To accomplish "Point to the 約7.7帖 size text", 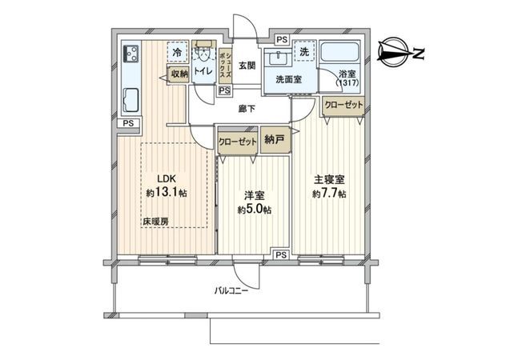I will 330,194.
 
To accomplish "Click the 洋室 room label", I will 255,195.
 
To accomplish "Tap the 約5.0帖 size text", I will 254,210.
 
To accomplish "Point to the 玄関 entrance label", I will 247,66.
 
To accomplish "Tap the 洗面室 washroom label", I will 288,80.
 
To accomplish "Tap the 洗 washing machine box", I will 304,51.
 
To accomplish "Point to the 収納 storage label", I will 179,74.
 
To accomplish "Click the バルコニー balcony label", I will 231,290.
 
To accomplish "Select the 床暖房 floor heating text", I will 155,221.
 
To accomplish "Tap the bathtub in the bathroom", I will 342,55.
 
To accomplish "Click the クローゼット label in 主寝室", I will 343,104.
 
